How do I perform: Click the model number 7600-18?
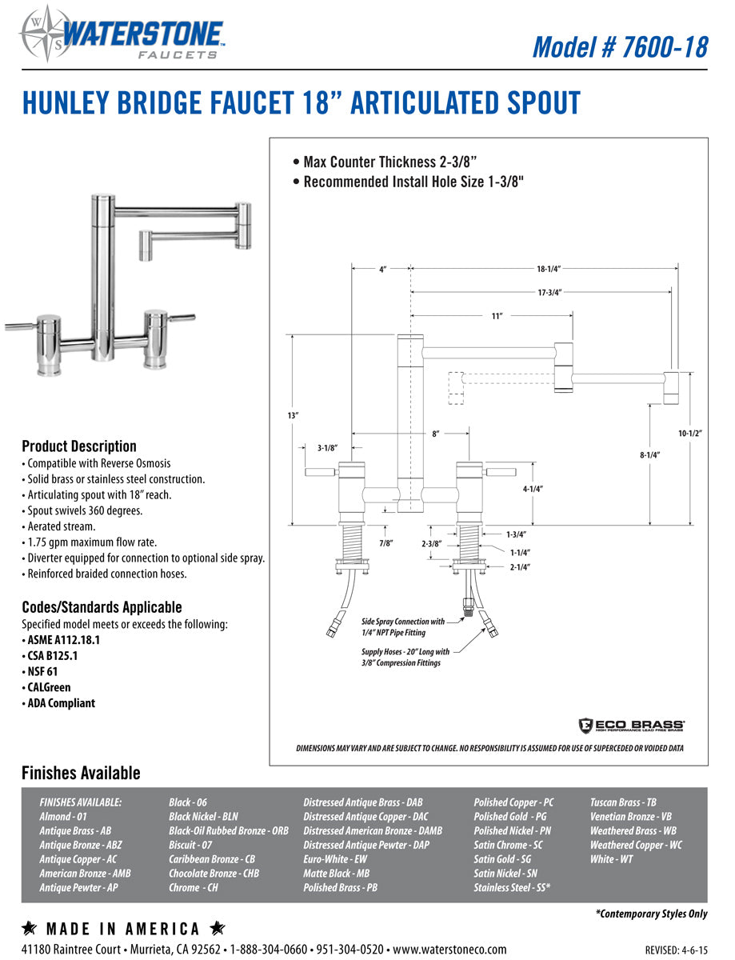tap(620, 46)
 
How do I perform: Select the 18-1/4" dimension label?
tap(548, 270)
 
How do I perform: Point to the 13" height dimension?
tap(293, 416)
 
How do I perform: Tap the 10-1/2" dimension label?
tap(689, 434)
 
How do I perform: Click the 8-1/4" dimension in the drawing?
tap(649, 454)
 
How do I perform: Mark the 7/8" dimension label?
tap(386, 543)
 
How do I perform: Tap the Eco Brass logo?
tap(631, 725)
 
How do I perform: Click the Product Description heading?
tap(79, 446)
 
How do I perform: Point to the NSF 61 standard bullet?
tap(40, 671)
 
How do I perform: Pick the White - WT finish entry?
tap(611, 859)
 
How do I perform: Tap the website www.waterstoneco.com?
tap(449, 949)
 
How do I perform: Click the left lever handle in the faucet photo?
tap(24, 326)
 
